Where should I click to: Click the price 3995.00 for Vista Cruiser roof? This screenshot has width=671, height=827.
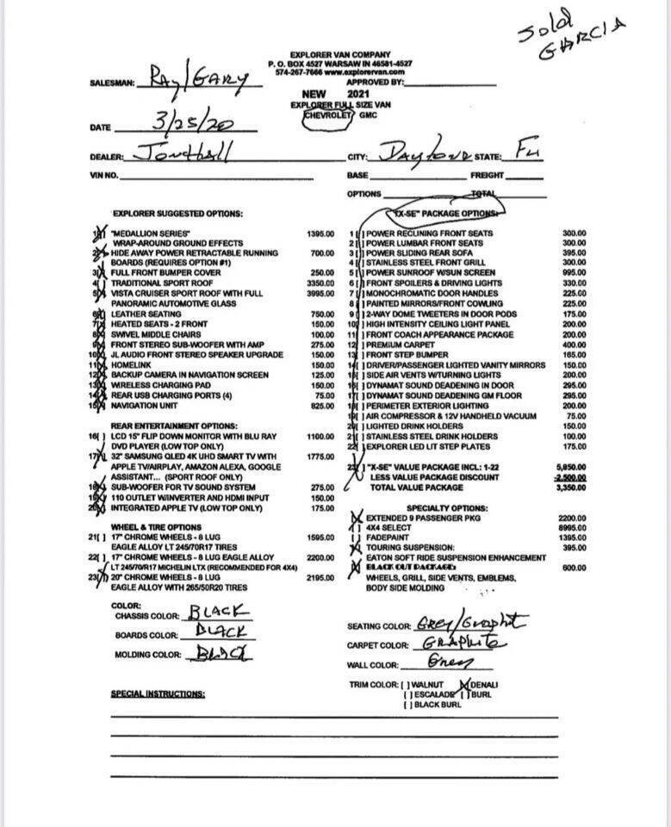coord(320,294)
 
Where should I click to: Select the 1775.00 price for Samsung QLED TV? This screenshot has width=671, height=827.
coord(320,456)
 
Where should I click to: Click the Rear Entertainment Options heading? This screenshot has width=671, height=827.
coord(173,426)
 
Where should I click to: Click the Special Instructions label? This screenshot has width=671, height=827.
coord(158,693)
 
